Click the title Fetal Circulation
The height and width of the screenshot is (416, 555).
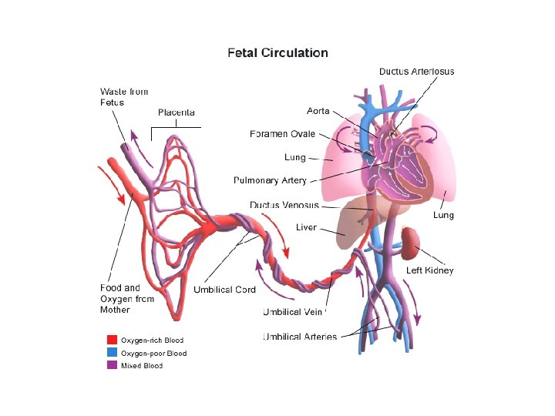pos(277,53)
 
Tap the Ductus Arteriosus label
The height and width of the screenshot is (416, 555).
pos(416,72)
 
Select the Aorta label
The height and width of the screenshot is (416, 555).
pos(318,112)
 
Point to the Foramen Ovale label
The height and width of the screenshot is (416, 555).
pos(282,134)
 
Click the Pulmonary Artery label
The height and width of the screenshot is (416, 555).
pos(270,180)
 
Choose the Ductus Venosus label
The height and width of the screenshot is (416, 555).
pos(284,205)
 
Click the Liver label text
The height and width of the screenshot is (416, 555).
pos(306,227)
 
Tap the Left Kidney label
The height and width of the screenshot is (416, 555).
pos(430,270)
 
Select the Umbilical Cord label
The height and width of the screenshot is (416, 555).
pos(224,290)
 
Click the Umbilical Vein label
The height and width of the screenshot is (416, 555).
pos(292,312)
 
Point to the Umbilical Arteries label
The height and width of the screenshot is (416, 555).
pos(300,337)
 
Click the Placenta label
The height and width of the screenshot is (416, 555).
pos(176,112)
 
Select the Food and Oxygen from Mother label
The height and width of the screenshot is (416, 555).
pos(126,299)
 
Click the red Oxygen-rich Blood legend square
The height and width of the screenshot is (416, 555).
pos(112,340)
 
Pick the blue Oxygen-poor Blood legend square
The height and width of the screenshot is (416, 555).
pos(112,353)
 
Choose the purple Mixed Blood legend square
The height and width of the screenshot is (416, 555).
pos(112,365)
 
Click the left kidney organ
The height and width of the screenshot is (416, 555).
pos(409,242)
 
